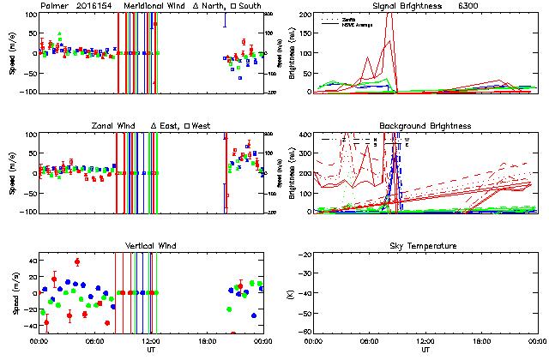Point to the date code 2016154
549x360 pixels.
(98, 6)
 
